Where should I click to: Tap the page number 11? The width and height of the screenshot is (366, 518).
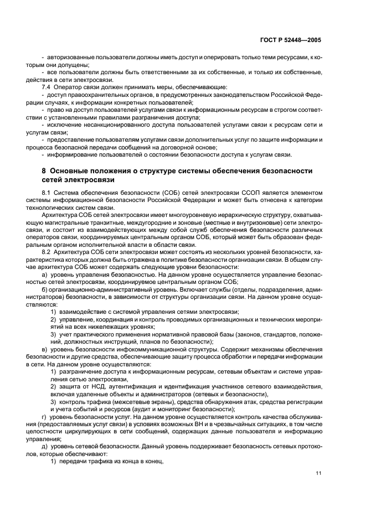coord(318,473)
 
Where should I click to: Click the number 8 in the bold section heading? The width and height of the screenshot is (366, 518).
coord(44,170)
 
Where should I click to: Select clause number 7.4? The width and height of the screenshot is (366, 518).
coord(47,87)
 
